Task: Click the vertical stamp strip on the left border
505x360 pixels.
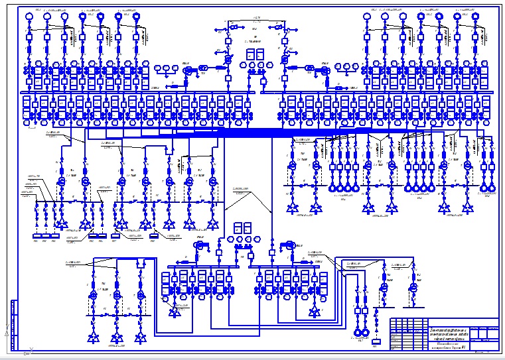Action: tap(13, 324)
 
